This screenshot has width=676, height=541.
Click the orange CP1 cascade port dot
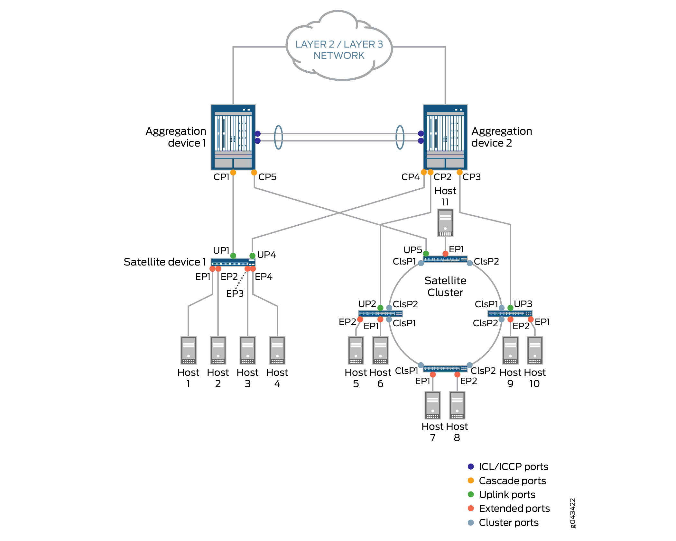pos(233,173)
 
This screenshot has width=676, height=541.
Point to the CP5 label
pos(267,177)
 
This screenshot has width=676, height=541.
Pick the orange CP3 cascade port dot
pos(459,172)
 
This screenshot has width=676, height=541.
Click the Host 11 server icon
pos(445,223)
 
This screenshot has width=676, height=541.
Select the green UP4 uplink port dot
pos(252,256)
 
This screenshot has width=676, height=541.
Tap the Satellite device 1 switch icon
pos(233,262)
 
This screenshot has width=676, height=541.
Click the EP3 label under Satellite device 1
pos(235,293)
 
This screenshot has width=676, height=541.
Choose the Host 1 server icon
pos(188,350)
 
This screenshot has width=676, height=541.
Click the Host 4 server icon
pos(277,350)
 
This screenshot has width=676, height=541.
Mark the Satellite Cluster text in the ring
pos(445,286)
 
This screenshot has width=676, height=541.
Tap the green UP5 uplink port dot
pos(426,254)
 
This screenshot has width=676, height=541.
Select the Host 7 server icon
pos(432,405)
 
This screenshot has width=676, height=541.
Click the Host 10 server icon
pos(534,350)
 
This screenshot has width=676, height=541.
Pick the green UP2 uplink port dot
pos(380,308)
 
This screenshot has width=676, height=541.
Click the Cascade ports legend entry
pos(512,481)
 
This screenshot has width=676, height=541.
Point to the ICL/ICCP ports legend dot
pos(471,466)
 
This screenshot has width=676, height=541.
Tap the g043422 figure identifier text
pos(572,513)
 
